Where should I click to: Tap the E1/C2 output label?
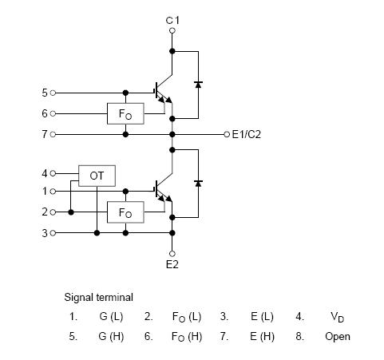tap(246, 134)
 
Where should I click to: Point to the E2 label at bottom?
tap(172, 264)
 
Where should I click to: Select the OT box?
tap(97, 175)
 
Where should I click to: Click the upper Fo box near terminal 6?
tap(125, 113)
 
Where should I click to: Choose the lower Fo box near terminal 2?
tap(125, 212)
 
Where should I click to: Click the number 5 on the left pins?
tap(44, 93)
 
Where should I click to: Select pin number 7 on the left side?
tap(44, 134)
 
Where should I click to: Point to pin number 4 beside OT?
tap(44, 172)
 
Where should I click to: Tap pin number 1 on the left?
tap(44, 192)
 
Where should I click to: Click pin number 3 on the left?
tap(44, 233)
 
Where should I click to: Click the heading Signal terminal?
tap(99, 297)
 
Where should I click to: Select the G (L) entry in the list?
tap(111, 316)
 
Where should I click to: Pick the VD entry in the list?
tap(337, 317)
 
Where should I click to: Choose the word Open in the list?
tap(337, 336)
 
